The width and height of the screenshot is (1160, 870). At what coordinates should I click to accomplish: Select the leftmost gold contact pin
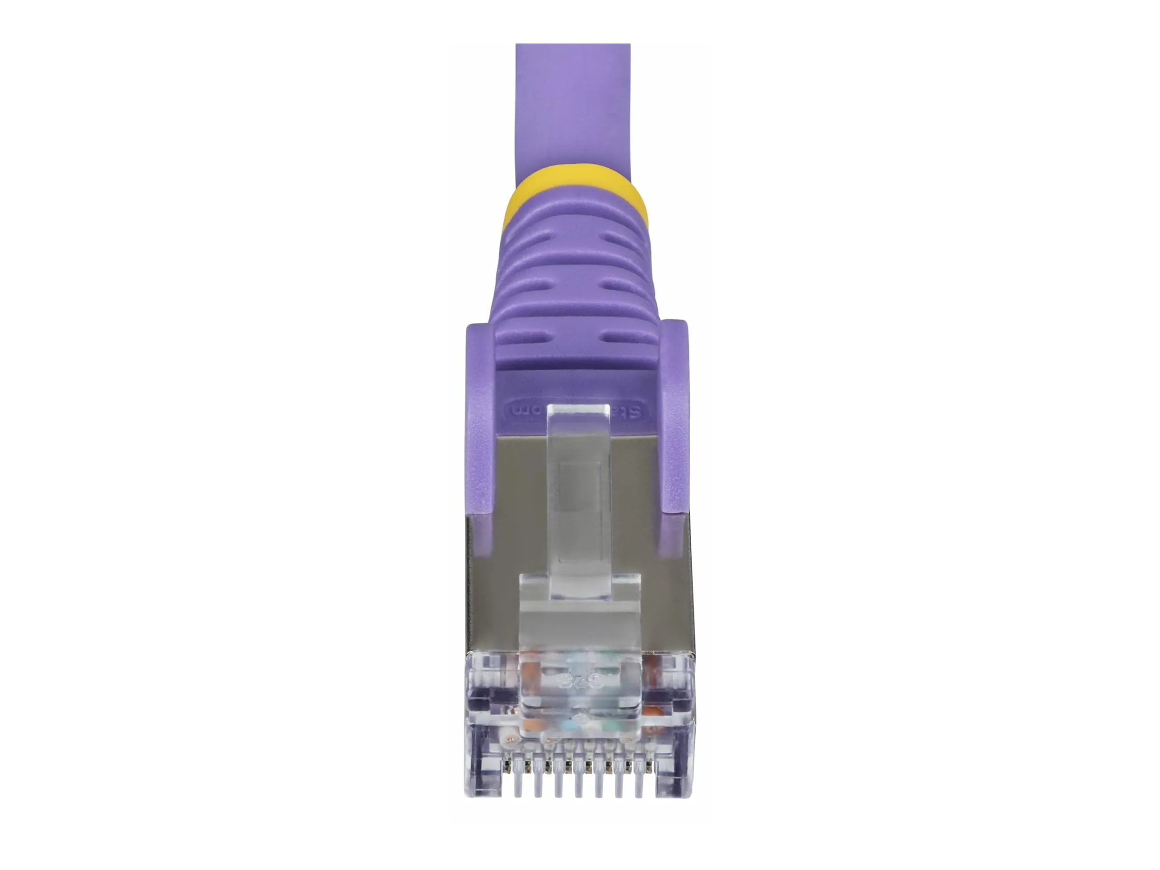click(x=507, y=766)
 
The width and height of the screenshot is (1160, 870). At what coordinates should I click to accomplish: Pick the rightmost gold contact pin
click(x=651, y=766)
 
